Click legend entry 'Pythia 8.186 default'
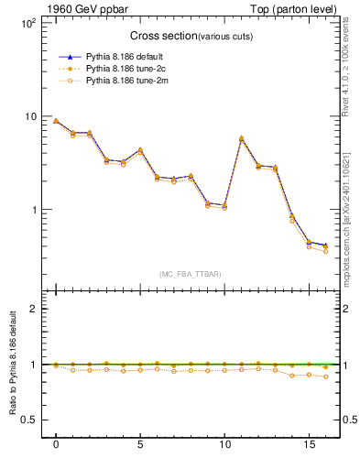click(x=121, y=56)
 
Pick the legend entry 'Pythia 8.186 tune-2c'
click(x=121, y=69)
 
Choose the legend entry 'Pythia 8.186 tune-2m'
click(x=121, y=81)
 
